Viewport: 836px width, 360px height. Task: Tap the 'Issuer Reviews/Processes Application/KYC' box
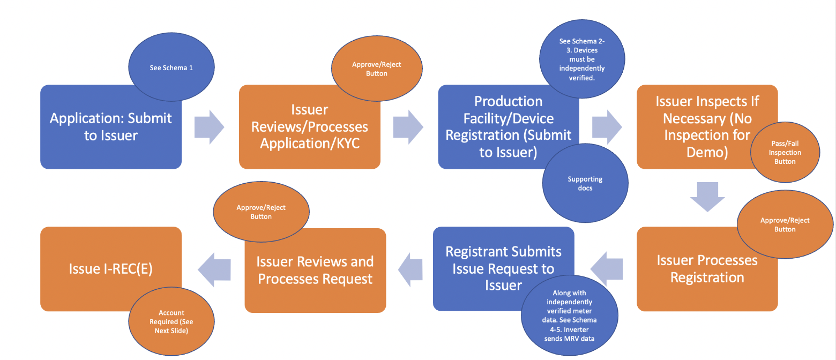pos(309,127)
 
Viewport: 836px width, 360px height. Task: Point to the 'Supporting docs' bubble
pos(585,184)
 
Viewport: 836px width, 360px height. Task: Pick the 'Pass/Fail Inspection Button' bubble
pos(785,153)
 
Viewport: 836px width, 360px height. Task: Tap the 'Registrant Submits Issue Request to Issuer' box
pos(503,268)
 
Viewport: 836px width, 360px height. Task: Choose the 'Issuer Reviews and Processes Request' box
pos(315,270)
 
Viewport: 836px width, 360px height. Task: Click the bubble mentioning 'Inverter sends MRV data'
pos(569,316)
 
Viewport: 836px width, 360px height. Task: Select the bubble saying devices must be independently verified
pos(582,59)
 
